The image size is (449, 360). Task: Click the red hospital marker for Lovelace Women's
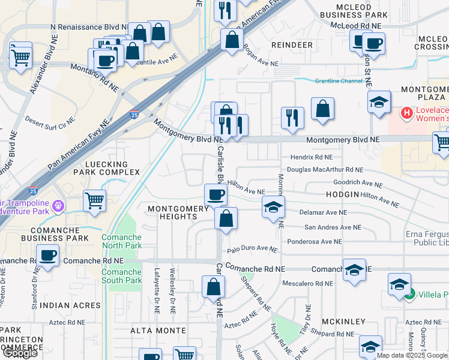point(406,112)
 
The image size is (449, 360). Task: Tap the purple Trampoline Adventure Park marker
point(58,206)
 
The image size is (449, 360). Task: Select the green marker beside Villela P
point(409,295)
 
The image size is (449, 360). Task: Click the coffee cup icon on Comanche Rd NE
point(47,255)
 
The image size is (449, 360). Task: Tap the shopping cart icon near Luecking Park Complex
point(94,201)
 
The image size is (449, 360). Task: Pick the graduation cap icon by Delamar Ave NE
point(273,208)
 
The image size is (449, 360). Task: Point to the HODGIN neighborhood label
point(342,195)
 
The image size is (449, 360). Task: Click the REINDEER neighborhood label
point(292,45)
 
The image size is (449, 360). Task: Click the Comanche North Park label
point(122,242)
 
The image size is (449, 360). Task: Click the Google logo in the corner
point(20,353)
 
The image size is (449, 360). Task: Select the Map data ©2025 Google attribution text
point(412,355)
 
